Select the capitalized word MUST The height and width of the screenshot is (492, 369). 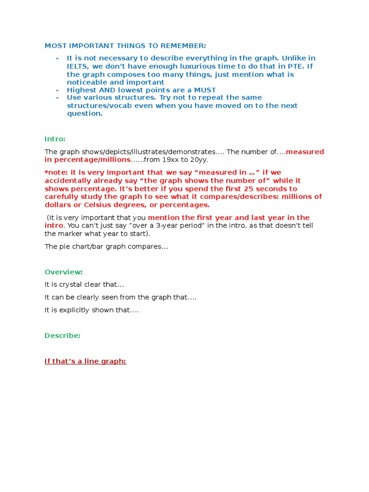(204, 90)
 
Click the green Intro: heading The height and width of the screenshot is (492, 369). (55, 139)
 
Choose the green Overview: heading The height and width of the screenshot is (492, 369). (63, 272)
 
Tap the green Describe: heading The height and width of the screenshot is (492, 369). (62, 335)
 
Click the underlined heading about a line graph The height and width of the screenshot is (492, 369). (86, 361)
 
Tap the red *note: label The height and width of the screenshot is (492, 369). (56, 172)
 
